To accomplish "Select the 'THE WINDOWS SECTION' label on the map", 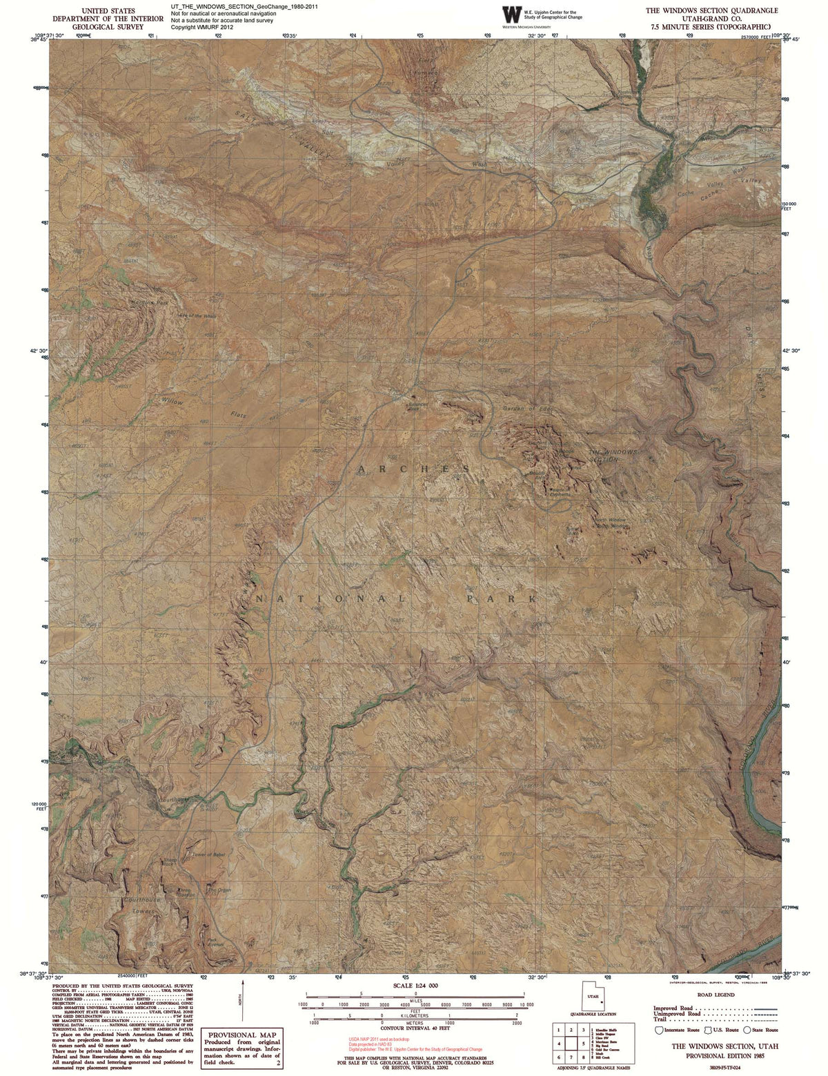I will [x=613, y=456].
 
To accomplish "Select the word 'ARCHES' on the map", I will [x=414, y=469].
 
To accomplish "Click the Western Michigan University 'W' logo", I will [x=512, y=14].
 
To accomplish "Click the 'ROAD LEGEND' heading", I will [x=716, y=995].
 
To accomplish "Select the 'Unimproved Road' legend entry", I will [x=678, y=1013].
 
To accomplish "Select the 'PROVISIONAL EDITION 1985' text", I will [x=724, y=1055].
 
